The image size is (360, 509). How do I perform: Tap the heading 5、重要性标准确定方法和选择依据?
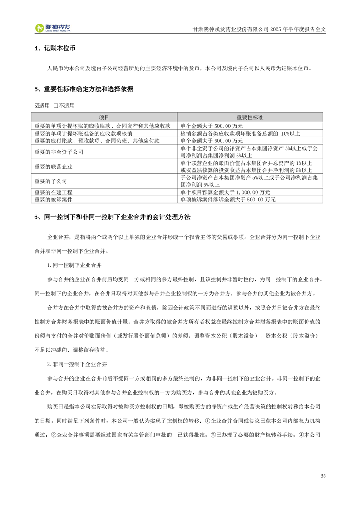pyautogui.click(x=84, y=89)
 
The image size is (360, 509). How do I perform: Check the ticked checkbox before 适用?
pyautogui.click(x=37, y=106)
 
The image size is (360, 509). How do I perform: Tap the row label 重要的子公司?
pyautogui.click(x=51, y=181)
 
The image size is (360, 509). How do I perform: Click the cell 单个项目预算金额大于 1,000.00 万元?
pyautogui.click(x=225, y=192)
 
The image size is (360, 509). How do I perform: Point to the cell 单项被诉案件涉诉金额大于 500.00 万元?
pyautogui.click(x=228, y=199)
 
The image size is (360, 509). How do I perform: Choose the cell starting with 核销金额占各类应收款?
pyautogui.click(x=240, y=133)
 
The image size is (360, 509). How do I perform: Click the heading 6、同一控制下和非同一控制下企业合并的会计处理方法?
pyautogui.click(x=113, y=217)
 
